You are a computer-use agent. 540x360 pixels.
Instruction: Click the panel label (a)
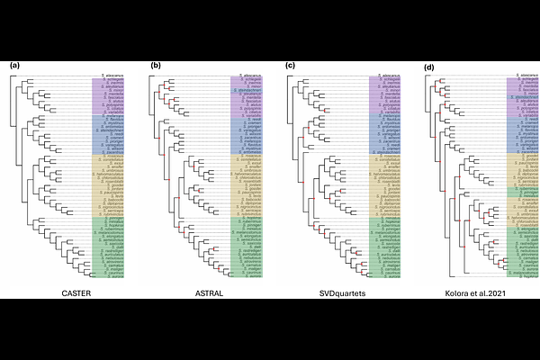tap(14, 66)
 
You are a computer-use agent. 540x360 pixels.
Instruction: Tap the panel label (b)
tap(156, 66)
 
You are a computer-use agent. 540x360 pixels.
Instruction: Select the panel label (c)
tap(290, 66)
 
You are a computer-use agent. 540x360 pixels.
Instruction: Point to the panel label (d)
tap(428, 66)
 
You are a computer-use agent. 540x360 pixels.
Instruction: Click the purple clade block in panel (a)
tap(107, 96)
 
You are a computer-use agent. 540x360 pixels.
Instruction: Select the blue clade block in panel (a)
tap(107, 134)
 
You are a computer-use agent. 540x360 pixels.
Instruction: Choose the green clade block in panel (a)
tap(107, 247)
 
